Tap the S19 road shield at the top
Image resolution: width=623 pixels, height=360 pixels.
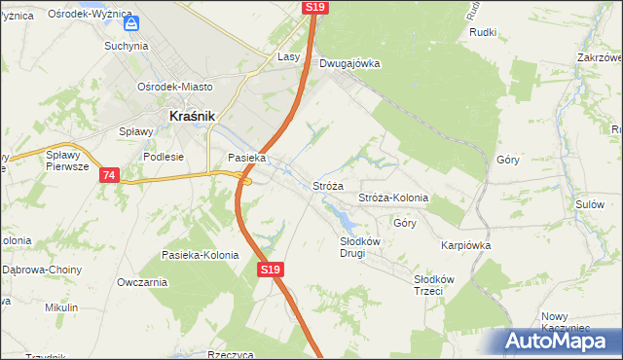(x=314, y=7)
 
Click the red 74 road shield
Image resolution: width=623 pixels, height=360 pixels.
(x=108, y=175)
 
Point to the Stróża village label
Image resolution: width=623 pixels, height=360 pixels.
(x=328, y=185)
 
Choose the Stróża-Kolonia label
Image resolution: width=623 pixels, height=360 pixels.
(x=393, y=198)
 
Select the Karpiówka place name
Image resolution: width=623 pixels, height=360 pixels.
(x=465, y=245)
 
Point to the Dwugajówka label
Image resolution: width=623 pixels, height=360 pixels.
(x=348, y=64)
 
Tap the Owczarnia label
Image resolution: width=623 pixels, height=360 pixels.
(x=142, y=282)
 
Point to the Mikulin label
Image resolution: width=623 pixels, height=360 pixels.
(x=61, y=307)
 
